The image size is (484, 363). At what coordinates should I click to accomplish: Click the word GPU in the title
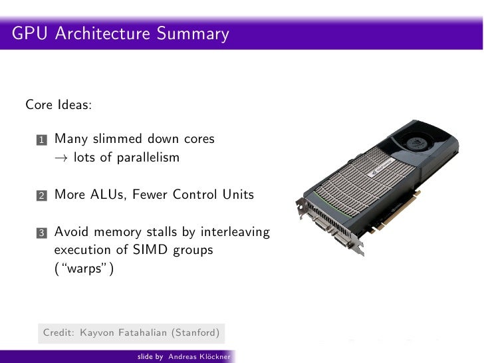pyautogui.click(x=28, y=33)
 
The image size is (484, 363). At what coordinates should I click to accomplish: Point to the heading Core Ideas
pyautogui.click(x=59, y=105)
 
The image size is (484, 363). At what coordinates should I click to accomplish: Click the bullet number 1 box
pyautogui.click(x=41, y=140)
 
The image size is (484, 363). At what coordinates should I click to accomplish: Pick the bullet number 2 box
pyautogui.click(x=41, y=196)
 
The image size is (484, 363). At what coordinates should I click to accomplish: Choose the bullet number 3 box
pyautogui.click(x=41, y=233)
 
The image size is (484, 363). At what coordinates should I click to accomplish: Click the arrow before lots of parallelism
pyautogui.click(x=60, y=158)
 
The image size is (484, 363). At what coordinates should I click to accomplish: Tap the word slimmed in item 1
pyautogui.click(x=119, y=140)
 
